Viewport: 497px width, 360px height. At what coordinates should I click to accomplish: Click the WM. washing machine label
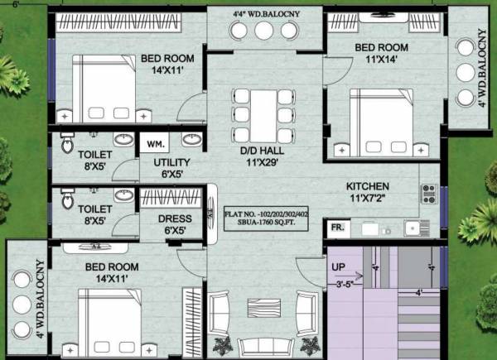tap(155, 144)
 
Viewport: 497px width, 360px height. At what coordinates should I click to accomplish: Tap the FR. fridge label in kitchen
tap(339, 225)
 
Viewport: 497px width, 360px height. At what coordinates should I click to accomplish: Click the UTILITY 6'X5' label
tap(171, 169)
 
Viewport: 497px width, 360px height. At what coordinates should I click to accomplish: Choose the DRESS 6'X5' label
tap(175, 225)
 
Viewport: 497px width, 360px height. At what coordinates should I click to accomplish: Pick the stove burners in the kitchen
tap(429, 194)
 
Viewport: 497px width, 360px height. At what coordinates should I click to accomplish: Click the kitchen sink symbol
tap(411, 225)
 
